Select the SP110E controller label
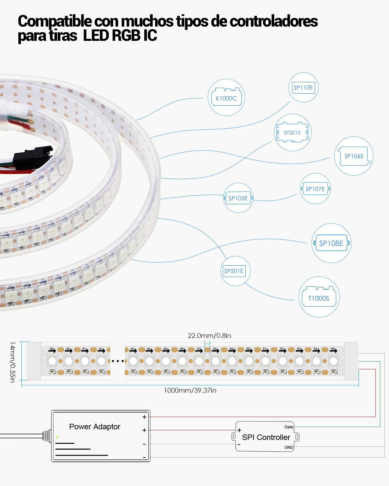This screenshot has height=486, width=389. coord(303,87)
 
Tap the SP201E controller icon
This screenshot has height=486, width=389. coord(292,132)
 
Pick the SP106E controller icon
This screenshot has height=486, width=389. coord(354,156)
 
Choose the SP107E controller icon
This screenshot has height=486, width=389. coord(315,189)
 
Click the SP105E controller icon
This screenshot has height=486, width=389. coord(238,198)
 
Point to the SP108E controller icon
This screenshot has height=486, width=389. coord(331,243)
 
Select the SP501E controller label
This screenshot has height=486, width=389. coord(234,271)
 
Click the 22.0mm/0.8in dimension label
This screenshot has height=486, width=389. coord(209,336)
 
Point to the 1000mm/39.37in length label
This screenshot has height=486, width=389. coord(190,390)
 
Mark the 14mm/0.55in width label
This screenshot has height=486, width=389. coord(12,362)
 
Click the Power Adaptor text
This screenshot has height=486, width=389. coord(95,427)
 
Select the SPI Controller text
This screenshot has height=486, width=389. coord(266,437)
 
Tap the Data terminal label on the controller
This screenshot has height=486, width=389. coord(289,427)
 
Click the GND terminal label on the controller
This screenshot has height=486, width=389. coord(289,447)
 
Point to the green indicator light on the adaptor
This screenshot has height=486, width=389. coord(57,437)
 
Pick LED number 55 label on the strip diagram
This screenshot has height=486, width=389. coord(333,349)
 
